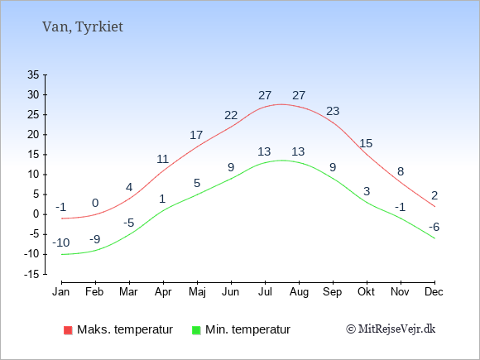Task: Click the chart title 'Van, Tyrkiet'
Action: tap(83, 27)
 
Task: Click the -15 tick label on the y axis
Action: tap(31, 274)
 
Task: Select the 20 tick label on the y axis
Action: tap(33, 134)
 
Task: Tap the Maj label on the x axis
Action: tap(197, 292)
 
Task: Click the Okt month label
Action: tap(366, 292)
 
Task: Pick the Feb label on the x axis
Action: tap(94, 292)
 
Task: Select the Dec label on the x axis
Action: tap(434, 292)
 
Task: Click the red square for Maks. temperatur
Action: tap(68, 330)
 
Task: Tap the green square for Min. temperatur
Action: tap(196, 330)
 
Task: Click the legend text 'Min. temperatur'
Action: tap(247, 329)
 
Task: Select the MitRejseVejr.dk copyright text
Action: tap(391, 329)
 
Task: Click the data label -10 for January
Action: tap(61, 242)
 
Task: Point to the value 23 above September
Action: tap(333, 111)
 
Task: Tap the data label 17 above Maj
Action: tap(196, 135)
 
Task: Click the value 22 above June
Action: tap(231, 115)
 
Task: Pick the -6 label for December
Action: tap(434, 227)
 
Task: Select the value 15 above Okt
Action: tap(366, 143)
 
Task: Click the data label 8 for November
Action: tap(401, 171)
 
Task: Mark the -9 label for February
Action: tap(95, 239)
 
